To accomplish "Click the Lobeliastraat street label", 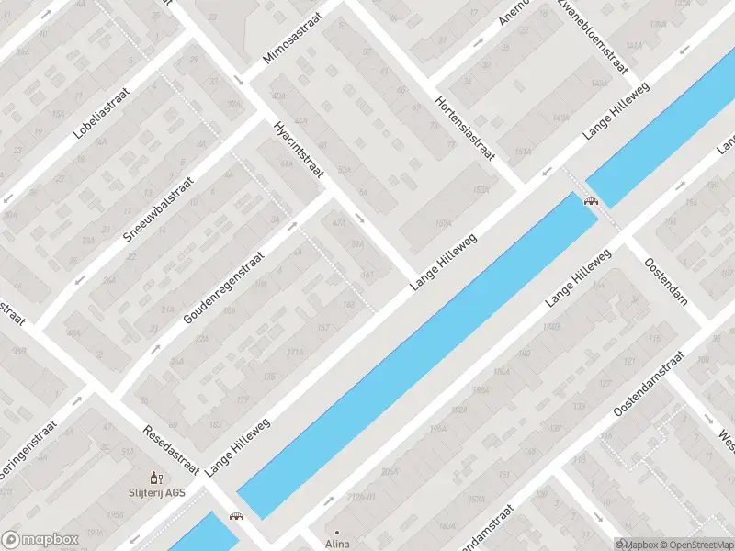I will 102,113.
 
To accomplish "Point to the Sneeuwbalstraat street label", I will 159,209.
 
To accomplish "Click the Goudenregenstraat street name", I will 223,287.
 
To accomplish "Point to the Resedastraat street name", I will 172,450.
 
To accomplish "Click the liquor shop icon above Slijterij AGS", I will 156,478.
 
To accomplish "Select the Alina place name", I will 336,544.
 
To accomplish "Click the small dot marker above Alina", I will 336,532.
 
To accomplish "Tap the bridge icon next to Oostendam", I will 591,200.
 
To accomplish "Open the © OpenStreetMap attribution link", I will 695,544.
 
